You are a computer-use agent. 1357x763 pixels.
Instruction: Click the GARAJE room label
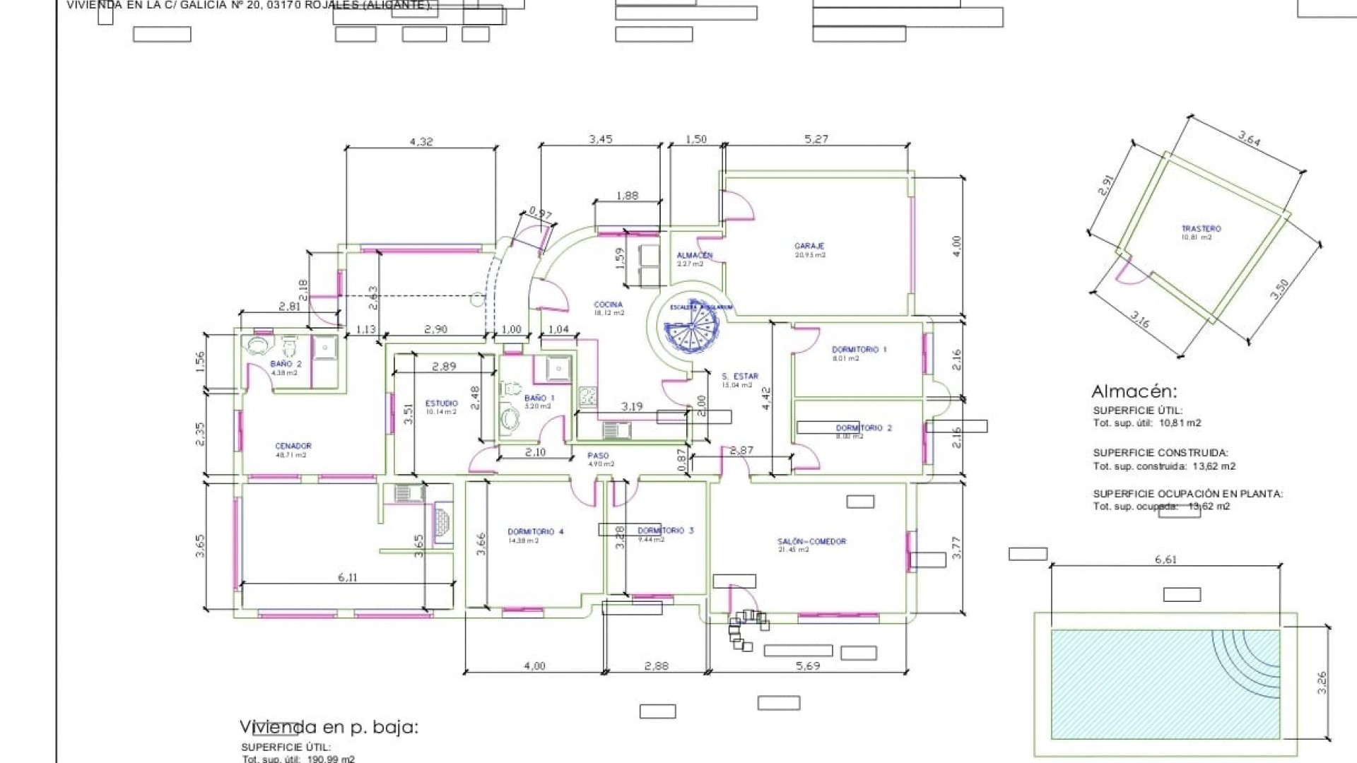click(809, 247)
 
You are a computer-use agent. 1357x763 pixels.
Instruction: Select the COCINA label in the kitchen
click(608, 304)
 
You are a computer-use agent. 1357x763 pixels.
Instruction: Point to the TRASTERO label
click(1201, 229)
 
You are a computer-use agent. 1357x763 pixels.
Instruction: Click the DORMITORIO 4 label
click(535, 532)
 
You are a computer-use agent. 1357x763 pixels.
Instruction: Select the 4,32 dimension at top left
click(421, 141)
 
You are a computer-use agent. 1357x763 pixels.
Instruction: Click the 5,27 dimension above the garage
click(816, 139)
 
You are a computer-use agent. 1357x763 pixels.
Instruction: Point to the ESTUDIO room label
click(441, 403)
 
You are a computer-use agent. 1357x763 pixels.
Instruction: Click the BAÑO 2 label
click(286, 364)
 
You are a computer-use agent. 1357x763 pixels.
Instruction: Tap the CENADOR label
click(293, 446)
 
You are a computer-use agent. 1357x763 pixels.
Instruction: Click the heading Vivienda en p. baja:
click(329, 727)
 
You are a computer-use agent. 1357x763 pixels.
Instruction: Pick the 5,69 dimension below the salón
click(807, 666)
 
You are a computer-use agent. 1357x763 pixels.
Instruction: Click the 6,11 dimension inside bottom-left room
click(347, 577)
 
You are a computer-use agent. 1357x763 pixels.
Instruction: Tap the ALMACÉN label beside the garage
click(694, 255)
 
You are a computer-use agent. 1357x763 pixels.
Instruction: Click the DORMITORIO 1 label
click(859, 350)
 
